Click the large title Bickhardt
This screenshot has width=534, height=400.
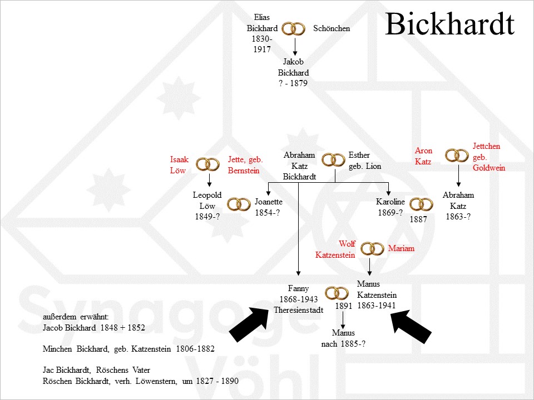tap(449, 25)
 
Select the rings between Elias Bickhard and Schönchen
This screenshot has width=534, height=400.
tap(293, 28)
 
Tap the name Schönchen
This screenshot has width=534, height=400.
tap(332, 28)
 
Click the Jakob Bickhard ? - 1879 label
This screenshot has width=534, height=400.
tap(293, 73)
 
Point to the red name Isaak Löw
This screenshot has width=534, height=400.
tap(179, 165)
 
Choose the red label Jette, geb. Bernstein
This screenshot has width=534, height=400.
tap(245, 165)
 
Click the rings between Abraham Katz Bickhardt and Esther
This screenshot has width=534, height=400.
tap(334, 160)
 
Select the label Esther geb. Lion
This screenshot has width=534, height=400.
tap(365, 161)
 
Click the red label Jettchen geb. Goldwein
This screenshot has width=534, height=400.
tap(489, 157)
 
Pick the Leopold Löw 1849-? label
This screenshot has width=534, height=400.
tap(207, 206)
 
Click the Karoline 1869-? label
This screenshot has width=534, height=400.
tap(389, 207)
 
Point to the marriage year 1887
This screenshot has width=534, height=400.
tap(418, 219)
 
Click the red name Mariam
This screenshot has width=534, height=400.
tap(401, 248)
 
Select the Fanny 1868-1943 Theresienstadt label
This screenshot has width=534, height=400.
tap(298, 299)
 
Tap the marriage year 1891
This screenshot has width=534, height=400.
tap(344, 306)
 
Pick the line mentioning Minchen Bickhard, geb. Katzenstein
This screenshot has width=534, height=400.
tap(128, 349)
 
